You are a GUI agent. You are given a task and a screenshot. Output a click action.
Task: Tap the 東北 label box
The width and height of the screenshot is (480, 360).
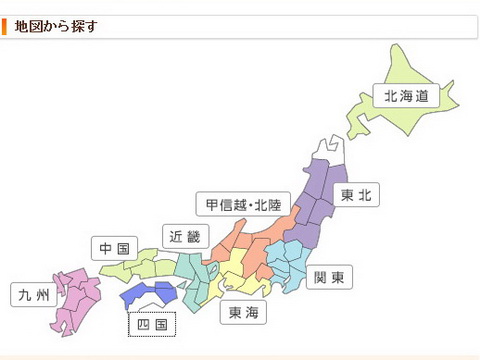click(x=356, y=196)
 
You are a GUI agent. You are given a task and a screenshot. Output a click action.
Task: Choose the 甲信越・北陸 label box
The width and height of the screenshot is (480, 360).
click(x=237, y=205)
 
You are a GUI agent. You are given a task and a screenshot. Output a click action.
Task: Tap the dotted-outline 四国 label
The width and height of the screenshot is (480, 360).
click(x=152, y=324)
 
